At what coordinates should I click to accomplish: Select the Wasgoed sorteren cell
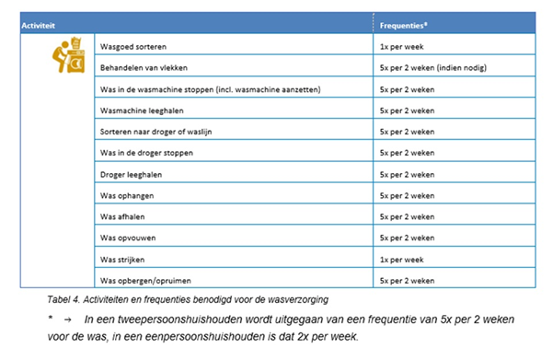133,46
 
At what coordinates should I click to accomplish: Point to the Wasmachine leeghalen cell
141,110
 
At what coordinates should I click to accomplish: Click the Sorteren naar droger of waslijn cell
158,132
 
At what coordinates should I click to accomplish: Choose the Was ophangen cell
128,195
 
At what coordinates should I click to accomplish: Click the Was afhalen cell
124,216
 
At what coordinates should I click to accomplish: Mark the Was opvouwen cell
129,238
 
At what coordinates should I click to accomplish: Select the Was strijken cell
124,259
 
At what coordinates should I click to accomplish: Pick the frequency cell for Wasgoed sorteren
401,46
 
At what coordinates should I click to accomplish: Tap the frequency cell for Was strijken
401,259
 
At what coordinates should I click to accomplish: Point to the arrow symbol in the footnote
68,319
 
